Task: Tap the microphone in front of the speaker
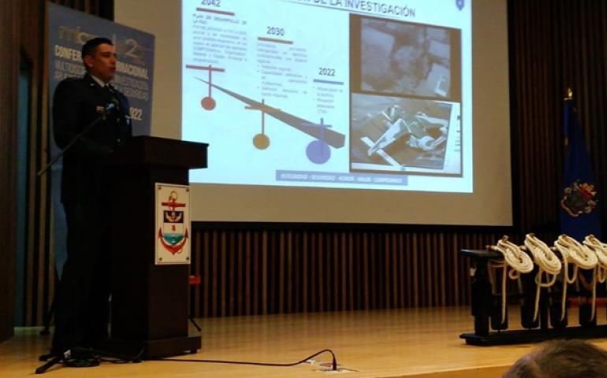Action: coord(111,107)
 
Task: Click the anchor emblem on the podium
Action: coord(172,223)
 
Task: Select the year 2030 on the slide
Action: coord(275,31)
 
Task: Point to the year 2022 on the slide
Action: coord(326,72)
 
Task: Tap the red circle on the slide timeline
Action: coord(208,102)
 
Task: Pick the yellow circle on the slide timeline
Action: coord(261,141)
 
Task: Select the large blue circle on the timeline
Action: coord(318,151)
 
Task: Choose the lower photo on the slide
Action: coord(404,133)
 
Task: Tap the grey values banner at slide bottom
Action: coord(341,179)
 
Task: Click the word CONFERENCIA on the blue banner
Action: coord(72,50)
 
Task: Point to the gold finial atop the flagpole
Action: coord(568,94)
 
